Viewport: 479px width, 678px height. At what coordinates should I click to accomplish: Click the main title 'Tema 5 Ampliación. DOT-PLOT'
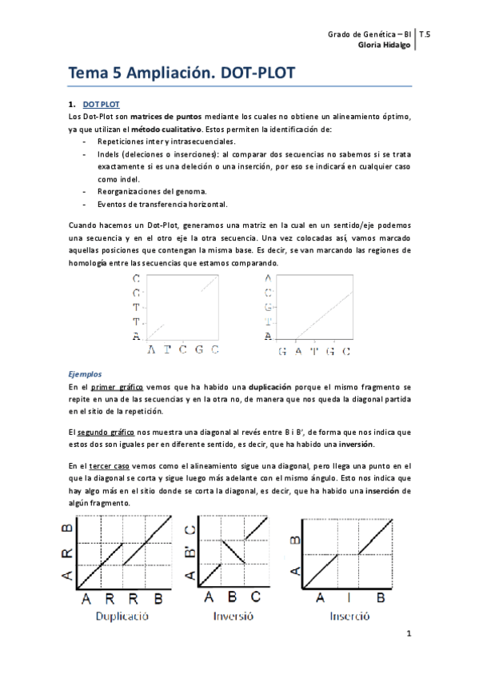pyautogui.click(x=182, y=74)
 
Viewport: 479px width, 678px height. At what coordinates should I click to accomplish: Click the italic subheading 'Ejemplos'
pyautogui.click(x=84, y=373)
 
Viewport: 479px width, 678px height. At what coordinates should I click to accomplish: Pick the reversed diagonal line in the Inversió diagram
pyautogui.click(x=235, y=552)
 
